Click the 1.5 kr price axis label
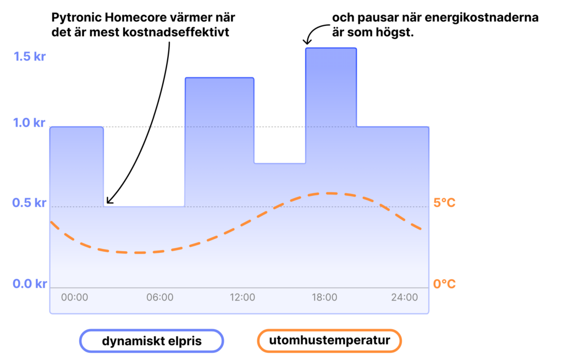pos(30,57)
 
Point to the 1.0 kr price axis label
pos(29,123)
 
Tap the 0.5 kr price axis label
pos(29,203)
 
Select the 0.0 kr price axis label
pos(30,284)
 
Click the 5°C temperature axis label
pos(444,203)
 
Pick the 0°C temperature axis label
pos(444,284)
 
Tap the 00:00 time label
pos(74,297)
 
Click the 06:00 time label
pos(160,297)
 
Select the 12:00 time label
pos(242,297)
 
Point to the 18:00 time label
pos(324,297)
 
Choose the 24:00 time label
pos(405,297)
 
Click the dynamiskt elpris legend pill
pos(152,341)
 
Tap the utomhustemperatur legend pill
pos(329,341)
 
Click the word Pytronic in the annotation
pos(76,18)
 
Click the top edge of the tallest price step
pos(331,48)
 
